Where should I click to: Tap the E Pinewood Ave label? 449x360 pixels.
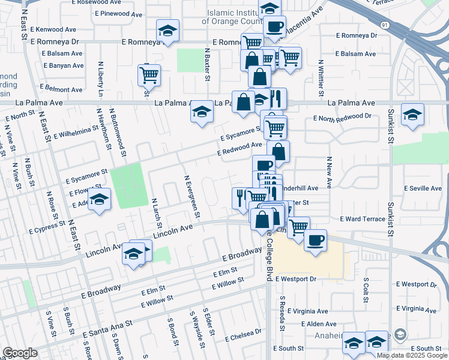pos(107,13)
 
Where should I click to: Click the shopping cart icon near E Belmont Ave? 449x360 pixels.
pos(149,76)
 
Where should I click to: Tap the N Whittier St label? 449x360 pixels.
pos(321,78)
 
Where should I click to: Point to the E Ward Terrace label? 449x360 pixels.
pos(363,219)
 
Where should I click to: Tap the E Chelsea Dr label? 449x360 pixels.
pos(243,335)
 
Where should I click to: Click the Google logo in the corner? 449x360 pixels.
pos(20,353)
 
